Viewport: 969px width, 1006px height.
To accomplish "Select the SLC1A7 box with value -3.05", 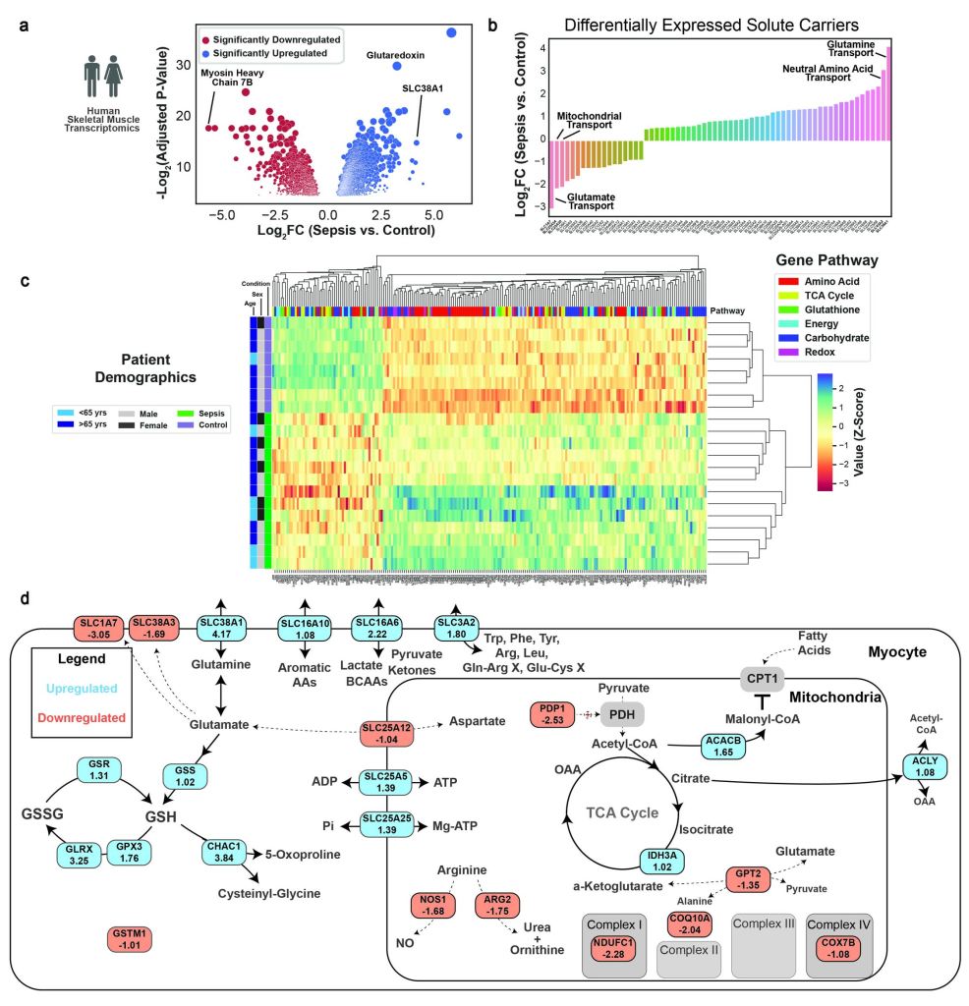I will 101,629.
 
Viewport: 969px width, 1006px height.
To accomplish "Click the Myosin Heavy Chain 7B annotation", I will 234,78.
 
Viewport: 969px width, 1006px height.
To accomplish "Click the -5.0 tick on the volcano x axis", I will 224,213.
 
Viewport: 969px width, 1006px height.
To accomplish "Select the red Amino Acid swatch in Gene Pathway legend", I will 772,282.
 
